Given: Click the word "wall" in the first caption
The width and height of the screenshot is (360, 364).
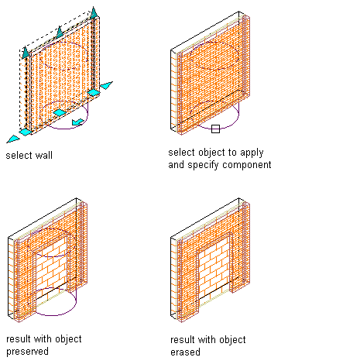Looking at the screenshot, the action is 44,156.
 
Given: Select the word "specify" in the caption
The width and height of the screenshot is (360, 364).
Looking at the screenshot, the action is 203,165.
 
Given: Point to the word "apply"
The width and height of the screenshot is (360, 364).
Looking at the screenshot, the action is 252,153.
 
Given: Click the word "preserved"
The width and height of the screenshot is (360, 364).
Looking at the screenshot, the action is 27,352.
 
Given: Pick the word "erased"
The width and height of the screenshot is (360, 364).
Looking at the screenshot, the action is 185,352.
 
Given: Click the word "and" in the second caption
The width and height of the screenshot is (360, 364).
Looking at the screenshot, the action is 177,164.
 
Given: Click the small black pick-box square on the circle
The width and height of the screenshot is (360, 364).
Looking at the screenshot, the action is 215,129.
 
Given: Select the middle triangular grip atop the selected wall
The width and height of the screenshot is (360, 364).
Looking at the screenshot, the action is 60,32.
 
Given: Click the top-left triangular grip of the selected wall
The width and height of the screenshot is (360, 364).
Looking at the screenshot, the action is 26,52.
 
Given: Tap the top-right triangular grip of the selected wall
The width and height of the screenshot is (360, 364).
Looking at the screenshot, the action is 94,13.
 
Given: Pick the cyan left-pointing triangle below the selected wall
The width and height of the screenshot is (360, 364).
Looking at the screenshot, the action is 13,139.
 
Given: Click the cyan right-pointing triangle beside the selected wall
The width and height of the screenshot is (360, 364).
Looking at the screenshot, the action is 107,85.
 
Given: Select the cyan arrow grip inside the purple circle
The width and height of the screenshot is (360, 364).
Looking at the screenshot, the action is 78,122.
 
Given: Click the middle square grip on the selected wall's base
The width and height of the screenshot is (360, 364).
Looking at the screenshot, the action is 60,112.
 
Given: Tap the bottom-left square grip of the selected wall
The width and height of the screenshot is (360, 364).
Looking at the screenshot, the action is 26,132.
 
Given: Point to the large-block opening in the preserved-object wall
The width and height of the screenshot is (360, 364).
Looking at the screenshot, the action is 51,269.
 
